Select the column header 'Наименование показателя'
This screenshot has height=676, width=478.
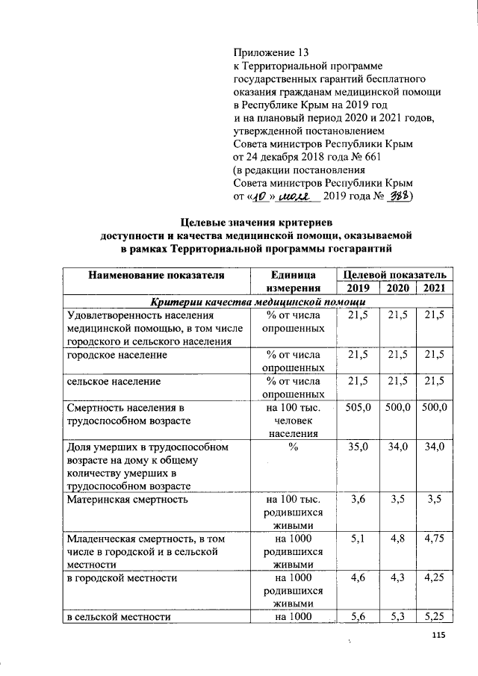coord(156,274)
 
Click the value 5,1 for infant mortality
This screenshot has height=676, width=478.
coord(361,537)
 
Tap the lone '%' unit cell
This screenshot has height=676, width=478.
coord(293,447)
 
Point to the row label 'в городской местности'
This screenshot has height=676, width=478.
coord(122,577)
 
